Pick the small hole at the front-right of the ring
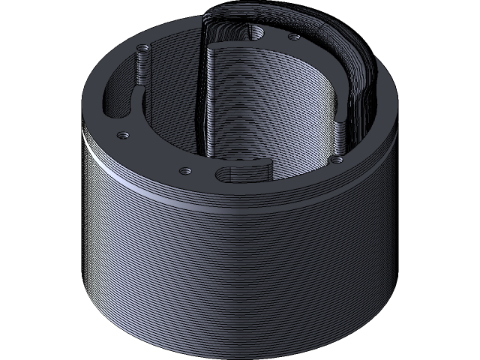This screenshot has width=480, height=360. point(337,159)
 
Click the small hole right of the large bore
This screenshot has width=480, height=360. point(294,35)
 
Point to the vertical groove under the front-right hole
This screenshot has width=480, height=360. point(338,139)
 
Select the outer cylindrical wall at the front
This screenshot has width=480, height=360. point(240,270)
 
